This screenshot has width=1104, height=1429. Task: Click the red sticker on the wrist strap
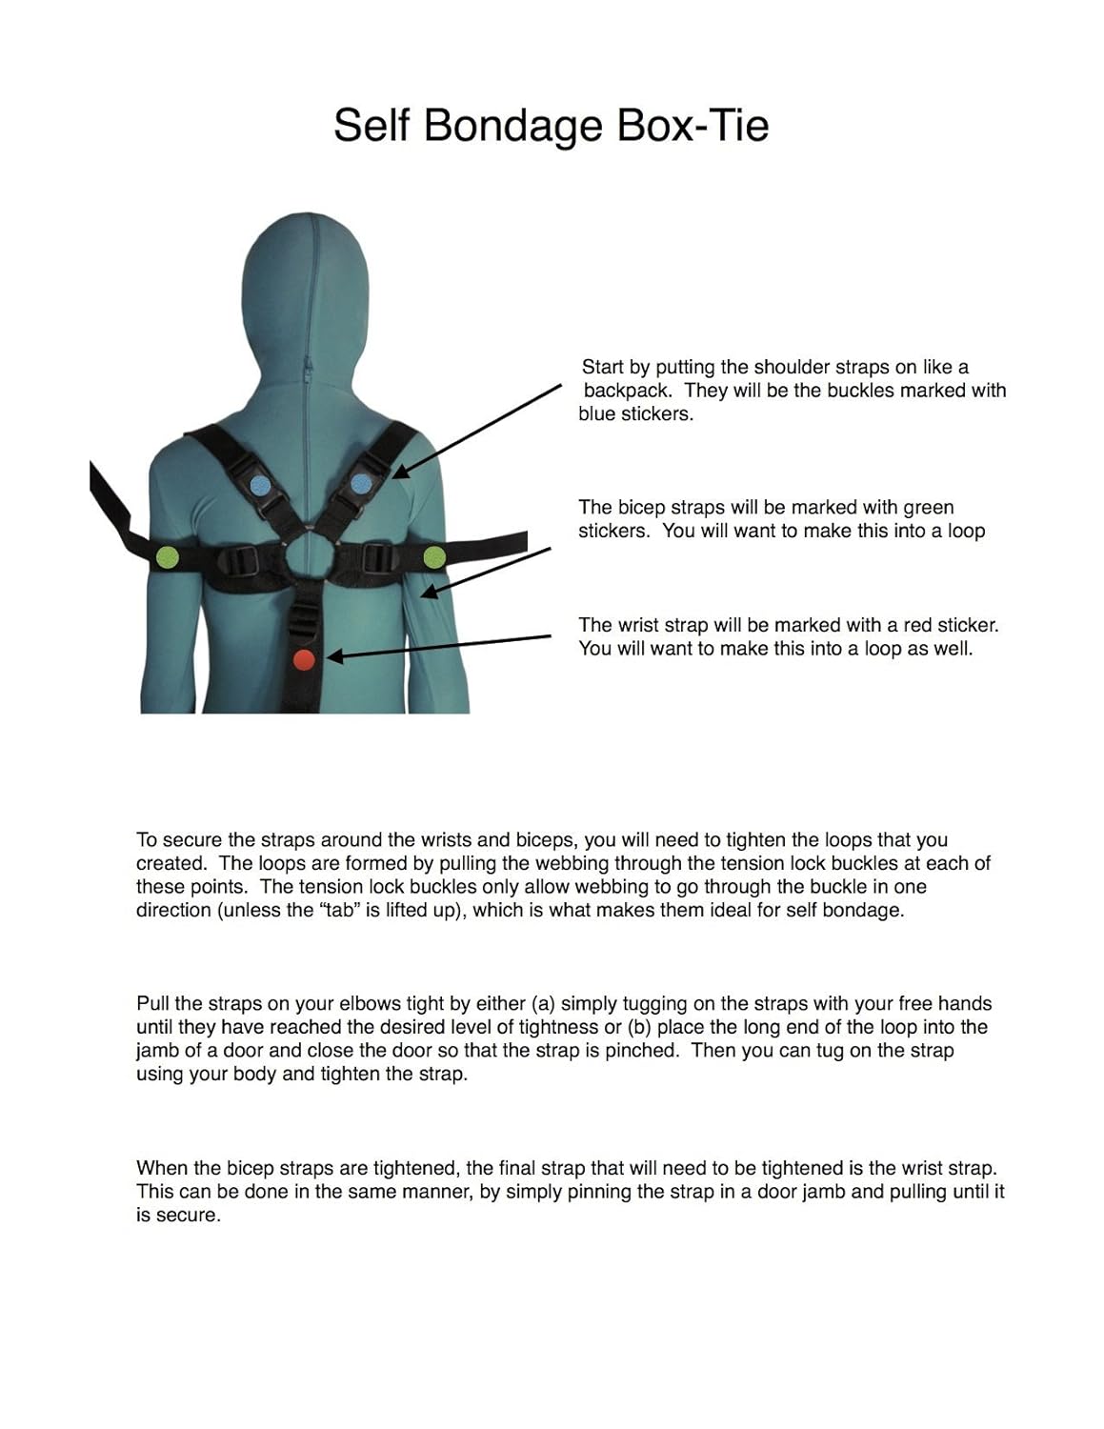click(303, 658)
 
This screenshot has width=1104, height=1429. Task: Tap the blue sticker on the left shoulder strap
click(259, 485)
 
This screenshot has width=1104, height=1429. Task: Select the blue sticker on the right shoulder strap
click(359, 483)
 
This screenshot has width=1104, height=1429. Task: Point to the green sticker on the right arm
click(434, 556)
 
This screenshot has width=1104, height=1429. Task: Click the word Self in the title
click(372, 126)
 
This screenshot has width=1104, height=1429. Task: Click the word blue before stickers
click(599, 414)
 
